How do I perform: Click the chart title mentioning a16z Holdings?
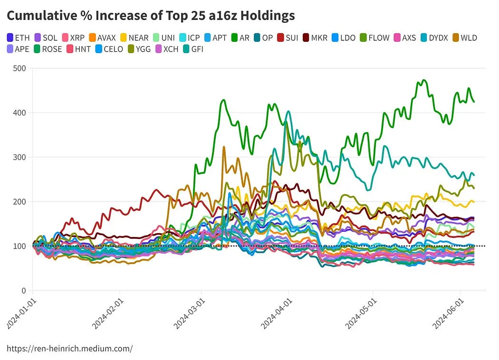(151, 16)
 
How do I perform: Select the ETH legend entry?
(19, 38)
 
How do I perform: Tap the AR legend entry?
(240, 38)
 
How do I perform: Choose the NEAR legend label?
(134, 38)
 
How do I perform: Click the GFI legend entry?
(192, 49)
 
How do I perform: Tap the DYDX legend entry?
(433, 38)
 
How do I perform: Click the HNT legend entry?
(79, 49)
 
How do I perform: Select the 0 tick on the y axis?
(23, 291)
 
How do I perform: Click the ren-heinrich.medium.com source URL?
(70, 349)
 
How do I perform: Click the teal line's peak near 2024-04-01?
(288, 112)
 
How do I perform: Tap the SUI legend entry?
(287, 38)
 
